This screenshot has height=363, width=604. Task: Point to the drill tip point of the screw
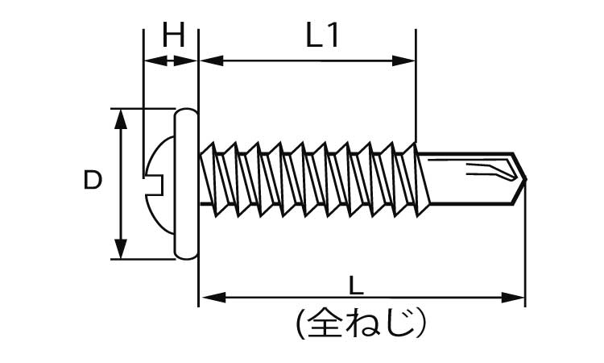pyautogui.click(x=524, y=179)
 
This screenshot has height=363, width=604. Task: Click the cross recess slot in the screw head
pyautogui.click(x=152, y=182)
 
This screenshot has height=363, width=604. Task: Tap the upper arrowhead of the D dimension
pyautogui.click(x=121, y=118)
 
